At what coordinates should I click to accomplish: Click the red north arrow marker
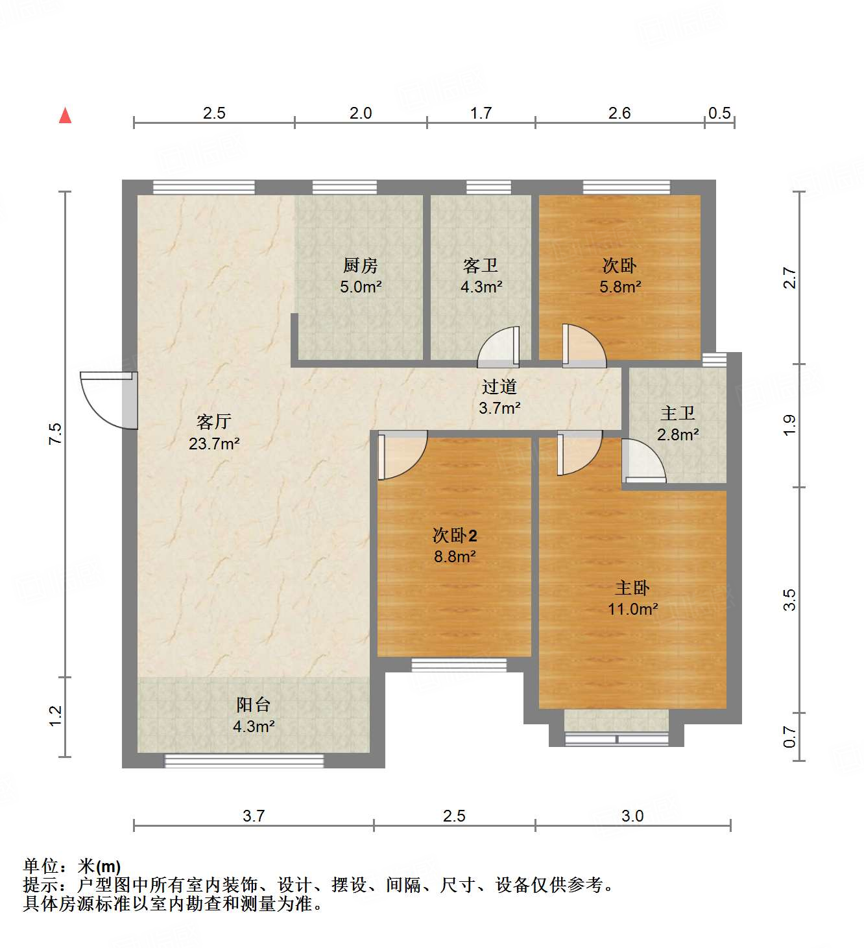65,115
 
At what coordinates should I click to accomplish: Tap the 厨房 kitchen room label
360,265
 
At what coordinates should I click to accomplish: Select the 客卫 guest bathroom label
481,265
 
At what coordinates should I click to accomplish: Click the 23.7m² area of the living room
214,444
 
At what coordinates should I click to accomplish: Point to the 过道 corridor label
499,387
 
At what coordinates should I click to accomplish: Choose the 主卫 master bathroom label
678,413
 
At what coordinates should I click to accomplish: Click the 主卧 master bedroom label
632,587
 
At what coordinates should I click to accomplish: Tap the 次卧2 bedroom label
455,536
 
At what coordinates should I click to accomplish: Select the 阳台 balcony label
253,705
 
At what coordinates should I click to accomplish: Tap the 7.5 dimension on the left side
56,433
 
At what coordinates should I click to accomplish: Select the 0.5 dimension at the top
719,113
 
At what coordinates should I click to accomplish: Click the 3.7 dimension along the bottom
254,816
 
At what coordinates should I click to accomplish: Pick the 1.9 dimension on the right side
789,425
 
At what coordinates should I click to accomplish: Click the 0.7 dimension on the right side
789,737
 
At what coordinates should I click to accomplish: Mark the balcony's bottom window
244,761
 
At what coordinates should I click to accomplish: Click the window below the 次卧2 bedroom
459,665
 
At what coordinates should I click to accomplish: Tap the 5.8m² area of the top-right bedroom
620,287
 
